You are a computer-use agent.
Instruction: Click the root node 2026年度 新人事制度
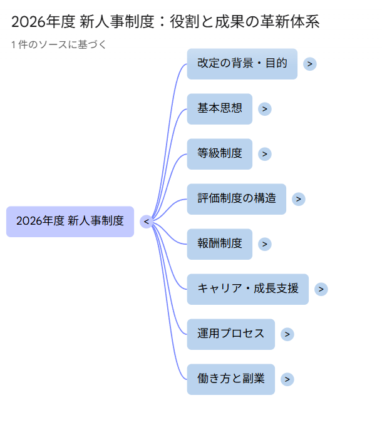(x=70, y=222)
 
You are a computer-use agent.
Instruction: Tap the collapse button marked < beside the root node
(x=146, y=222)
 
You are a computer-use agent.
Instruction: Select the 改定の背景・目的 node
(x=242, y=64)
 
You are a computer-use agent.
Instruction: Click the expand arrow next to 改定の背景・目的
(x=310, y=64)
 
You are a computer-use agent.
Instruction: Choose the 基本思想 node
(x=219, y=109)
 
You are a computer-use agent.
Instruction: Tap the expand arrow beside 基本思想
(x=265, y=109)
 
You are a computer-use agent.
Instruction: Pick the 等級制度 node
(x=219, y=154)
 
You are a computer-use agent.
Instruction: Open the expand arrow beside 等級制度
(x=265, y=154)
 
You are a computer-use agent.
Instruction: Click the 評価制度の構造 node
(x=236, y=199)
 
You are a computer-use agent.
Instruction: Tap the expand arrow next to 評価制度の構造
(x=299, y=199)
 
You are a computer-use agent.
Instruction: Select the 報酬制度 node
(x=219, y=244)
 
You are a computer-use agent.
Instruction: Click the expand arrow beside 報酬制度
(x=265, y=244)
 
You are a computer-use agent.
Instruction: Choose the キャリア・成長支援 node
(x=247, y=289)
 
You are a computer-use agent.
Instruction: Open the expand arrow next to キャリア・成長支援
(x=321, y=289)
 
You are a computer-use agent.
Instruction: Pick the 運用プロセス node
(x=230, y=334)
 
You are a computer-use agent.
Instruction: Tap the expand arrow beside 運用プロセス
(x=287, y=334)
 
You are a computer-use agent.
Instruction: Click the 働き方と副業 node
(x=230, y=379)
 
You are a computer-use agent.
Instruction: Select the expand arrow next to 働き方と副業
(x=287, y=379)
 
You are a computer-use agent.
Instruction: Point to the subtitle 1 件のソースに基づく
(x=59, y=44)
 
